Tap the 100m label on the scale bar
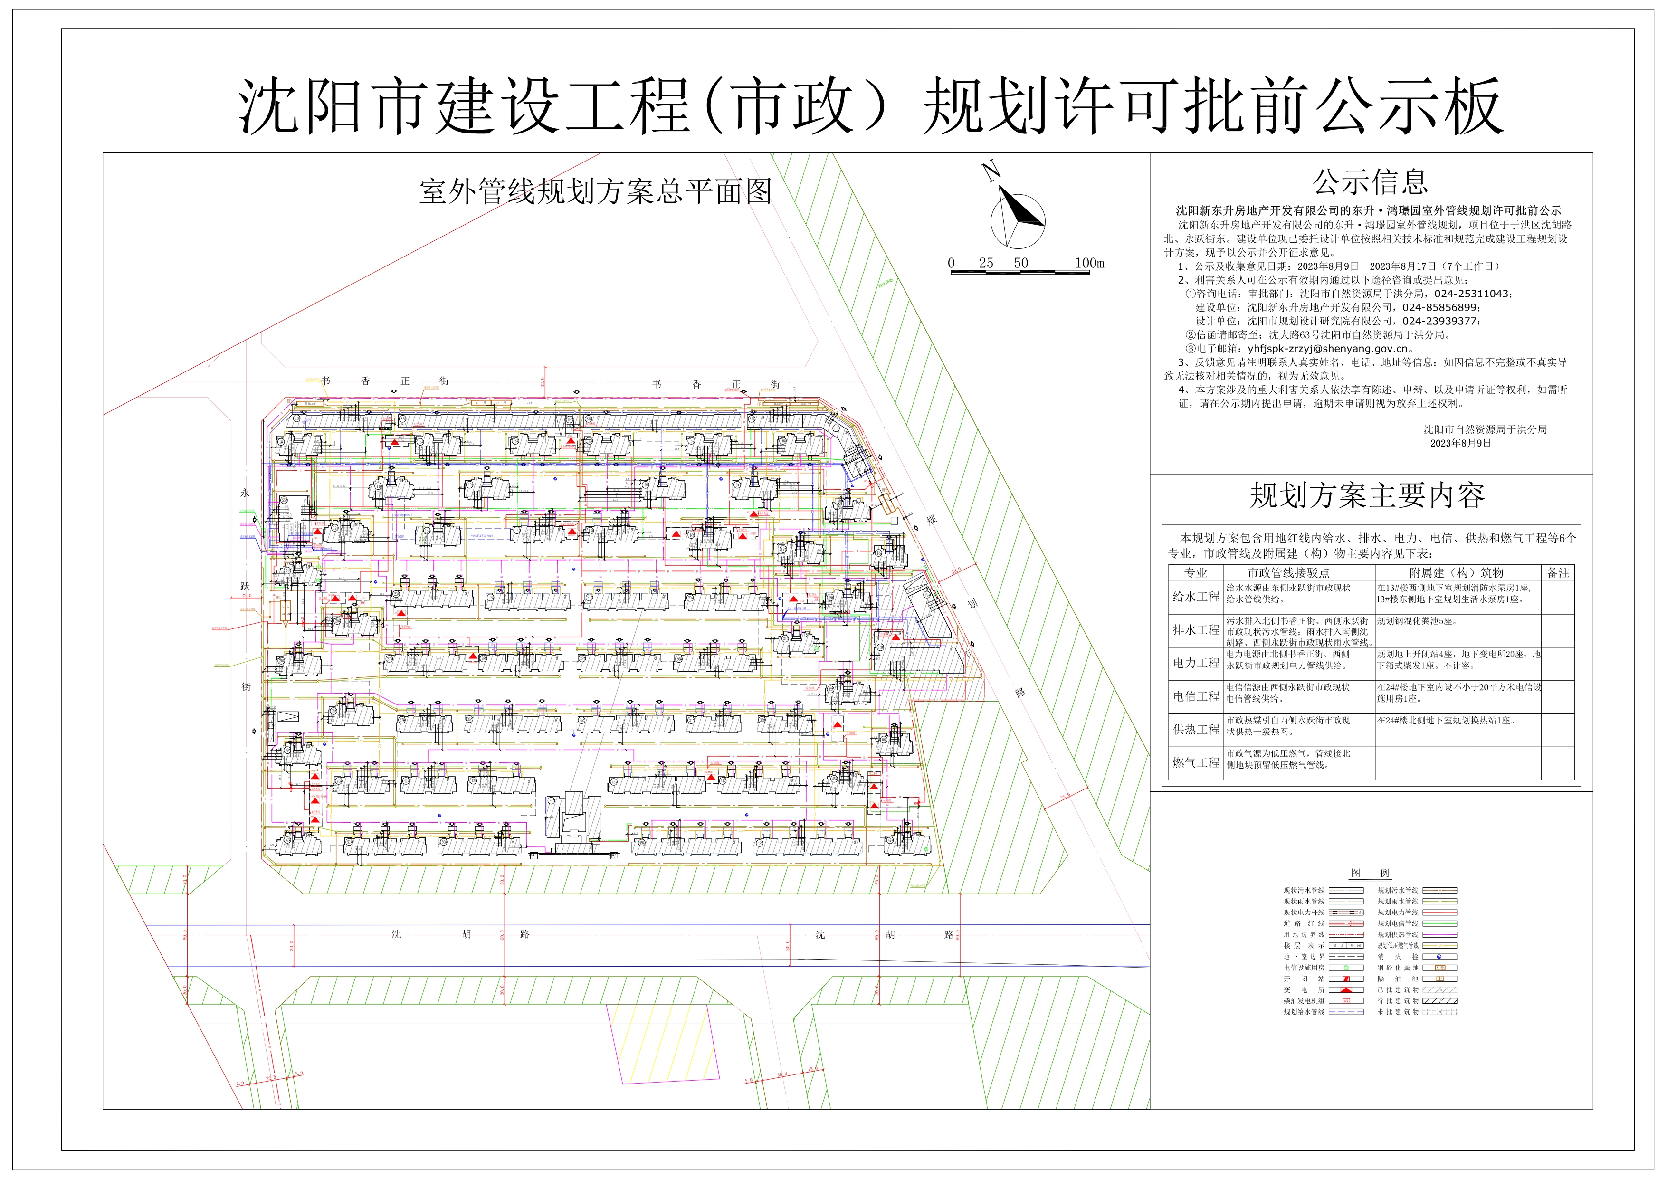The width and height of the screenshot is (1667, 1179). [x=1089, y=263]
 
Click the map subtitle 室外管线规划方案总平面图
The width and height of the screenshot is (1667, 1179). [x=595, y=191]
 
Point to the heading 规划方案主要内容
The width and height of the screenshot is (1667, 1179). [x=1366, y=496]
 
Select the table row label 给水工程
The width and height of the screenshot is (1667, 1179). [x=1196, y=597]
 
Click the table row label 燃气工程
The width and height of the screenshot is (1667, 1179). [x=1196, y=763]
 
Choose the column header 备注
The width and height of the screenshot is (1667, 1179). [x=1557, y=573]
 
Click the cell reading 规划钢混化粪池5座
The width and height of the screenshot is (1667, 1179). [x=1417, y=621]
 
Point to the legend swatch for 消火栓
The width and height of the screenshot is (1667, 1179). [x=1439, y=957]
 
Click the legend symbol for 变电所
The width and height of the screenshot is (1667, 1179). [x=1345, y=989]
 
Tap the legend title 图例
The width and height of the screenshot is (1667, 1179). [x=1370, y=874]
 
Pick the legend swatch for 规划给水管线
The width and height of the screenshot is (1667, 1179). [x=1345, y=1012]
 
